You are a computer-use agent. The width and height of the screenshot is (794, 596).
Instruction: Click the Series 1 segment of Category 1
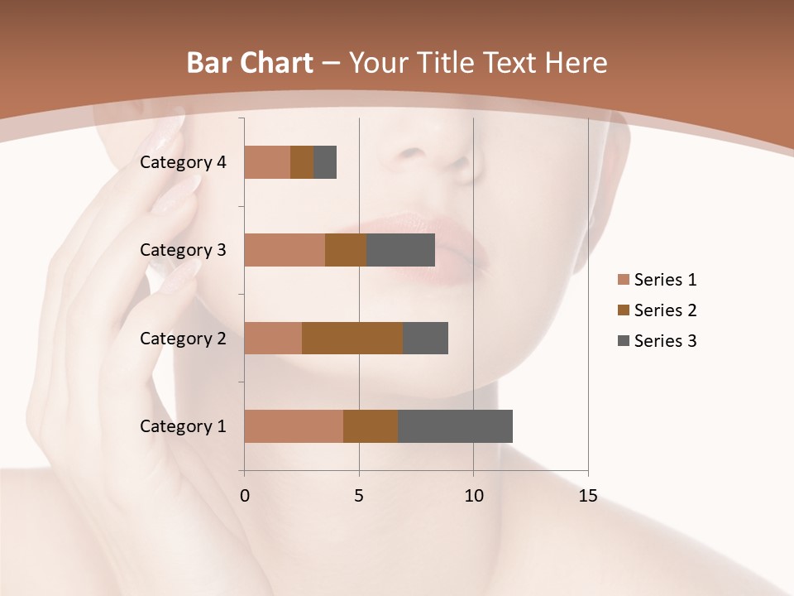[294, 426]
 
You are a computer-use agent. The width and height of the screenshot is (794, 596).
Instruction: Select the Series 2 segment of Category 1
[371, 426]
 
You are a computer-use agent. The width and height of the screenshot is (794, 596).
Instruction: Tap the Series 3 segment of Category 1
[455, 426]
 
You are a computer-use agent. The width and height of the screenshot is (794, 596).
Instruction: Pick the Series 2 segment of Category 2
[352, 338]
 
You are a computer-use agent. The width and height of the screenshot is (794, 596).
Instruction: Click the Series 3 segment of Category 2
[425, 338]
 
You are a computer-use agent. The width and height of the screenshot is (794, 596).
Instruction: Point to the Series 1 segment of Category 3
[285, 250]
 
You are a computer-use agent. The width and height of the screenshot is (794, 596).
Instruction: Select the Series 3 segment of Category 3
[401, 250]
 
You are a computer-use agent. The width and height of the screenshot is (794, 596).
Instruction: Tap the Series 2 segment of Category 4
[302, 162]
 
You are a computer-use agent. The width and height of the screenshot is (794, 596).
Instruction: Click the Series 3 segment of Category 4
[325, 162]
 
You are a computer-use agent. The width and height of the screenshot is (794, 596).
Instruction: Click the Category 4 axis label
[183, 162]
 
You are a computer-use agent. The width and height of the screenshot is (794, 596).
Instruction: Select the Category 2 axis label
[183, 338]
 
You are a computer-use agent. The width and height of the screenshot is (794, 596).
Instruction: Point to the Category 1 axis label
[183, 426]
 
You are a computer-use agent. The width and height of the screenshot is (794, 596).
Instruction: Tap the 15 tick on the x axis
[588, 496]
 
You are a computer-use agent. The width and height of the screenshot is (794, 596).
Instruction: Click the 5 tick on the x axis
[359, 496]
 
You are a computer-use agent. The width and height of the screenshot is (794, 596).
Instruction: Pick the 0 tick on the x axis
[245, 496]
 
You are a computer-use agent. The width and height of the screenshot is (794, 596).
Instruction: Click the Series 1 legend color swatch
[624, 280]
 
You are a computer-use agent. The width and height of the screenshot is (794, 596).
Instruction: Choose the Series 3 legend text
[665, 341]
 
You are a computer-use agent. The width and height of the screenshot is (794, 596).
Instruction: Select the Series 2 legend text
[665, 310]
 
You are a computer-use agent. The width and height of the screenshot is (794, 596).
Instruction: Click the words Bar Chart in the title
[250, 63]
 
